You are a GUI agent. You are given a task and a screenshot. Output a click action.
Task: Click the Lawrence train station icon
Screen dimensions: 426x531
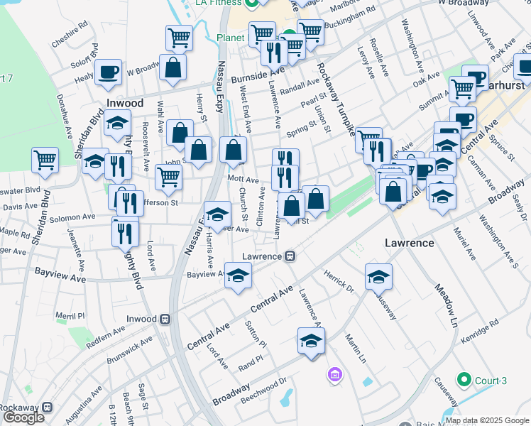pos(290,256)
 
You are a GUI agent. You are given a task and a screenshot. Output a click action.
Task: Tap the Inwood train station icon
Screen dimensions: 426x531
pos(165,319)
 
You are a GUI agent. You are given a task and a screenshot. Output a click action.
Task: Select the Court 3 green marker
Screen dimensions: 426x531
pos(464,381)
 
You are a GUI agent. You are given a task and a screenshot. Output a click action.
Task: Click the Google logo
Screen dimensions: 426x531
pos(23,417)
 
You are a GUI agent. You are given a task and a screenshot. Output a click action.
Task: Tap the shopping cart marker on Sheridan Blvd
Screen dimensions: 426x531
pos(45,159)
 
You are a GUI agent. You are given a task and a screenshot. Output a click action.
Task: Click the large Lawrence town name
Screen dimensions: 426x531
pos(409,243)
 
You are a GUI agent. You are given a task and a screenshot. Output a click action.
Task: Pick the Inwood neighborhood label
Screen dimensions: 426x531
pos(125,103)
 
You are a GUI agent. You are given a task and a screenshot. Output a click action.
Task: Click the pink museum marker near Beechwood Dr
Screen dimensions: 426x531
pos(334,373)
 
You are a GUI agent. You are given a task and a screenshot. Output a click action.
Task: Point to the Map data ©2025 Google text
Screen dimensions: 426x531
pos(487,420)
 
